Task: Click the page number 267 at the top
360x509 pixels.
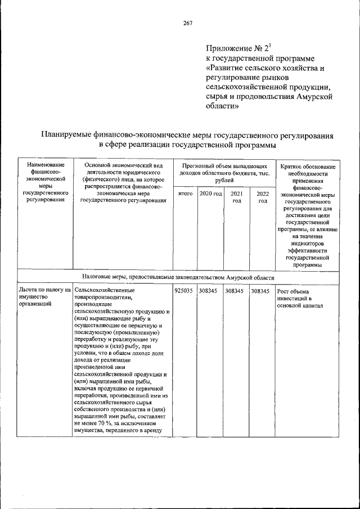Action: pyautogui.click(x=188, y=23)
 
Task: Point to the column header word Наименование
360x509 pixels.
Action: pyautogui.click(x=42, y=165)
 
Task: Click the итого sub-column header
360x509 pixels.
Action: pyautogui.click(x=184, y=194)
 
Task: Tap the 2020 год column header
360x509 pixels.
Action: pyautogui.click(x=210, y=194)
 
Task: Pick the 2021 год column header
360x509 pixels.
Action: pyautogui.click(x=236, y=197)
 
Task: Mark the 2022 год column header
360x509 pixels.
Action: pyautogui.click(x=262, y=197)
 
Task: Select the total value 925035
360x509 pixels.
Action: pyautogui.click(x=183, y=291)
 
